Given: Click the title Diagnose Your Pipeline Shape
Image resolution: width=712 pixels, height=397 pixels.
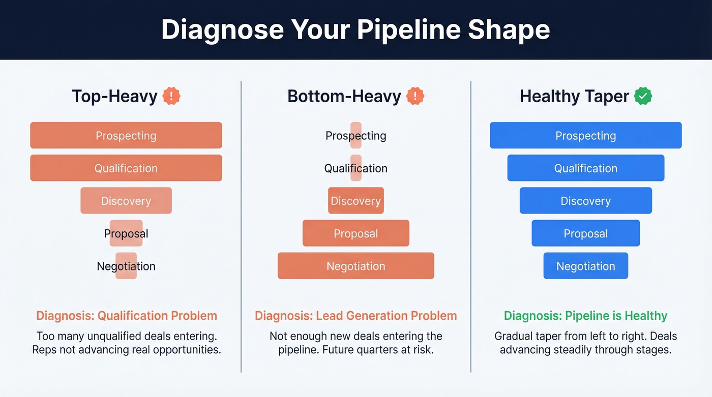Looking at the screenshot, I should [x=355, y=29].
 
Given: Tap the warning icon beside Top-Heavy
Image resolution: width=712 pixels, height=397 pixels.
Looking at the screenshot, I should [x=171, y=96].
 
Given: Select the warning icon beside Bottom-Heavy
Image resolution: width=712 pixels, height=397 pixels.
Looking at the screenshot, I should [x=416, y=96].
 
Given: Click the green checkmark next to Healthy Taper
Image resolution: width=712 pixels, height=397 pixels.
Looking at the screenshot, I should [x=643, y=96].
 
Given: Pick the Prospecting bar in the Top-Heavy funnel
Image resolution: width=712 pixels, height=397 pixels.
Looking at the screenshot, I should [x=126, y=135].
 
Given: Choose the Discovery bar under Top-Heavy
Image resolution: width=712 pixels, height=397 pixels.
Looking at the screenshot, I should [x=126, y=200].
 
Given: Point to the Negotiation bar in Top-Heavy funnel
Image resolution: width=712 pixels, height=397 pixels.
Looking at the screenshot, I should [x=126, y=266].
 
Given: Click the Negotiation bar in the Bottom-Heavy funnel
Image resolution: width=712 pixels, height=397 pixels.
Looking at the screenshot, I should [x=356, y=266].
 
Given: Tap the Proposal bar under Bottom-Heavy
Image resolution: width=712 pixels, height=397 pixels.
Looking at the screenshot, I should [x=356, y=233].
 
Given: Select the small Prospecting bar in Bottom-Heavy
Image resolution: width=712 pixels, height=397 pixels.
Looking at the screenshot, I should [x=356, y=135].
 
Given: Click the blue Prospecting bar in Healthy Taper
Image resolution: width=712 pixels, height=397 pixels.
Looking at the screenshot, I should [x=585, y=135].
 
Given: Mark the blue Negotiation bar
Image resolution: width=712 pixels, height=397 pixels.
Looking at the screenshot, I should [x=585, y=266].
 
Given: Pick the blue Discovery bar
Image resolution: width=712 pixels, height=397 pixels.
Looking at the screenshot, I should [x=585, y=200].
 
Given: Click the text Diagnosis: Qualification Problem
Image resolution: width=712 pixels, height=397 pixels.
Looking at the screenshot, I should [x=127, y=316].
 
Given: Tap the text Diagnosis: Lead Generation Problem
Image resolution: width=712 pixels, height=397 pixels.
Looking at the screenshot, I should [x=356, y=316].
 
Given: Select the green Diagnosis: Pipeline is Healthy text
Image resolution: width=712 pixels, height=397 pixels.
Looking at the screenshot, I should [x=585, y=316].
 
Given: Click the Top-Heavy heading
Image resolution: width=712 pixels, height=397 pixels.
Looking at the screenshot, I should [x=114, y=96].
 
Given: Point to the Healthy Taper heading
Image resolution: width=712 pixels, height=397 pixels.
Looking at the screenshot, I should [x=574, y=96].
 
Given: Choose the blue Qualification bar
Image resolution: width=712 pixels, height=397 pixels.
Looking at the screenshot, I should [x=585, y=168].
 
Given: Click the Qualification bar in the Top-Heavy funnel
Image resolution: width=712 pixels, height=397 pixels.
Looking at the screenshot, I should [x=126, y=168].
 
